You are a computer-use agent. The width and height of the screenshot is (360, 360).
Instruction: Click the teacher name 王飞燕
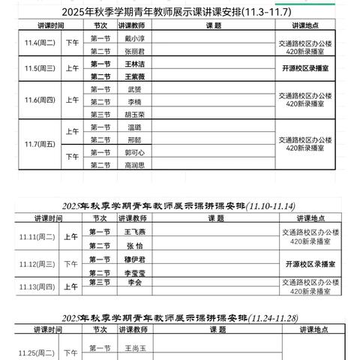[x=135, y=232]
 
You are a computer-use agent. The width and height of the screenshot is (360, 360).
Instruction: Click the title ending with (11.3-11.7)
[x=180, y=11]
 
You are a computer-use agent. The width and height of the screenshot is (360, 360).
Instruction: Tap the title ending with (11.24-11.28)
[x=180, y=316]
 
